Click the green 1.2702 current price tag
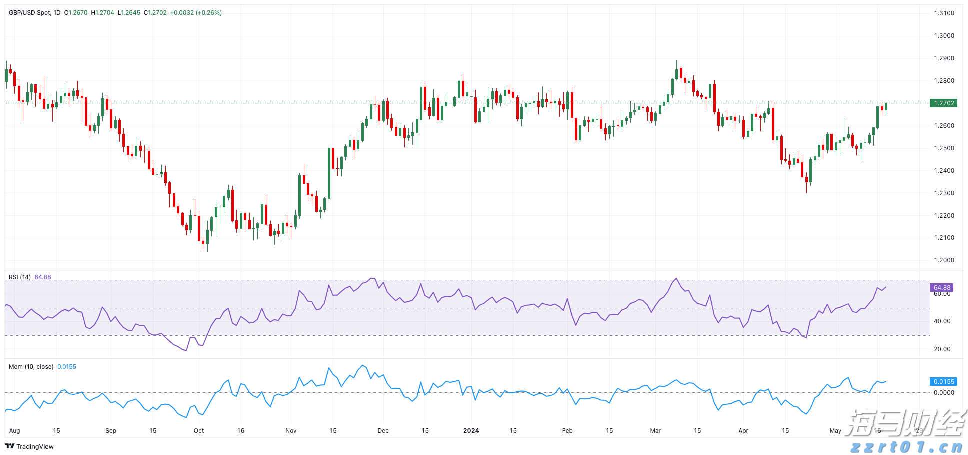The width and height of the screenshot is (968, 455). click(x=943, y=103)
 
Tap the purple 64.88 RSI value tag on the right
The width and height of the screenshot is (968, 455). click(x=941, y=288)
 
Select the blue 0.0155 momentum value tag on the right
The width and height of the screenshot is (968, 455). click(x=943, y=382)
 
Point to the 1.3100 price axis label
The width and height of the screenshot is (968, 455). click(x=944, y=13)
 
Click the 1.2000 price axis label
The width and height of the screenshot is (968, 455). click(x=944, y=260)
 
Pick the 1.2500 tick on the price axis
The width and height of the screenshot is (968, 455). click(x=944, y=148)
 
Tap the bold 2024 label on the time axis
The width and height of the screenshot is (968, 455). click(x=471, y=431)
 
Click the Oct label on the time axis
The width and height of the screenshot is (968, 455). click(x=199, y=431)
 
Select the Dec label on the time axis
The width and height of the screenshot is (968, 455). click(x=383, y=431)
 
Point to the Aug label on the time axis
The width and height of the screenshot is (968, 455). click(x=14, y=431)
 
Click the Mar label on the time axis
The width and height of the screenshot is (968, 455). click(x=655, y=431)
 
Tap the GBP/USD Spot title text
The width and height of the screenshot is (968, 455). click(x=30, y=13)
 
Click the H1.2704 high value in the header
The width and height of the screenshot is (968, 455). click(x=102, y=13)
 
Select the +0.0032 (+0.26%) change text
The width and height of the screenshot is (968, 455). click(x=196, y=13)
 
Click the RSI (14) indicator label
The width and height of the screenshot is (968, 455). click(x=20, y=277)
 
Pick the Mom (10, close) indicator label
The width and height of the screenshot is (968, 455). click(x=31, y=367)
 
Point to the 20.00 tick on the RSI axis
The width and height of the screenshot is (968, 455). click(x=942, y=349)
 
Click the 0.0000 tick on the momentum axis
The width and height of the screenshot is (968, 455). click(x=944, y=393)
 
